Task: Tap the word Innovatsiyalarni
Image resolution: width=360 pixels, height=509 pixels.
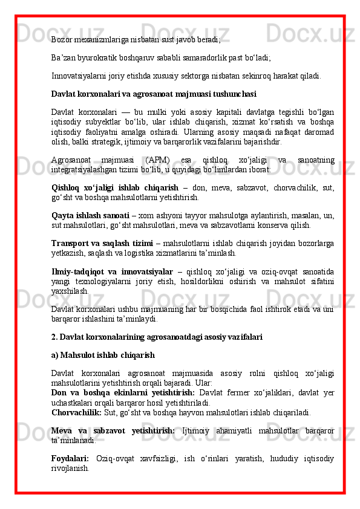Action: pyautogui.click(x=79, y=77)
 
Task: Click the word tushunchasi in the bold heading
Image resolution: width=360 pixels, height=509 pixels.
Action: pyautogui.click(x=232, y=94)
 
